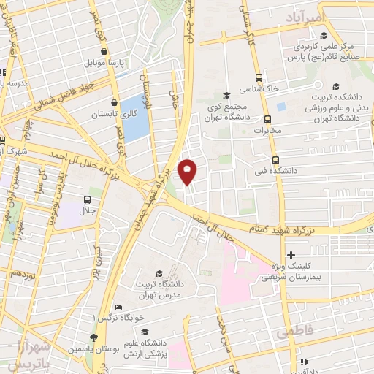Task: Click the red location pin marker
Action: (x=188, y=171)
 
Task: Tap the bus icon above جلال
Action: (x=88, y=199)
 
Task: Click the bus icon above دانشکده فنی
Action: (x=275, y=160)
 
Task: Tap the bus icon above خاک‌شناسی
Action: (x=257, y=77)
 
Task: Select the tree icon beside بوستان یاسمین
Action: (x=93, y=337)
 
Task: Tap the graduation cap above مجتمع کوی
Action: (x=226, y=95)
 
